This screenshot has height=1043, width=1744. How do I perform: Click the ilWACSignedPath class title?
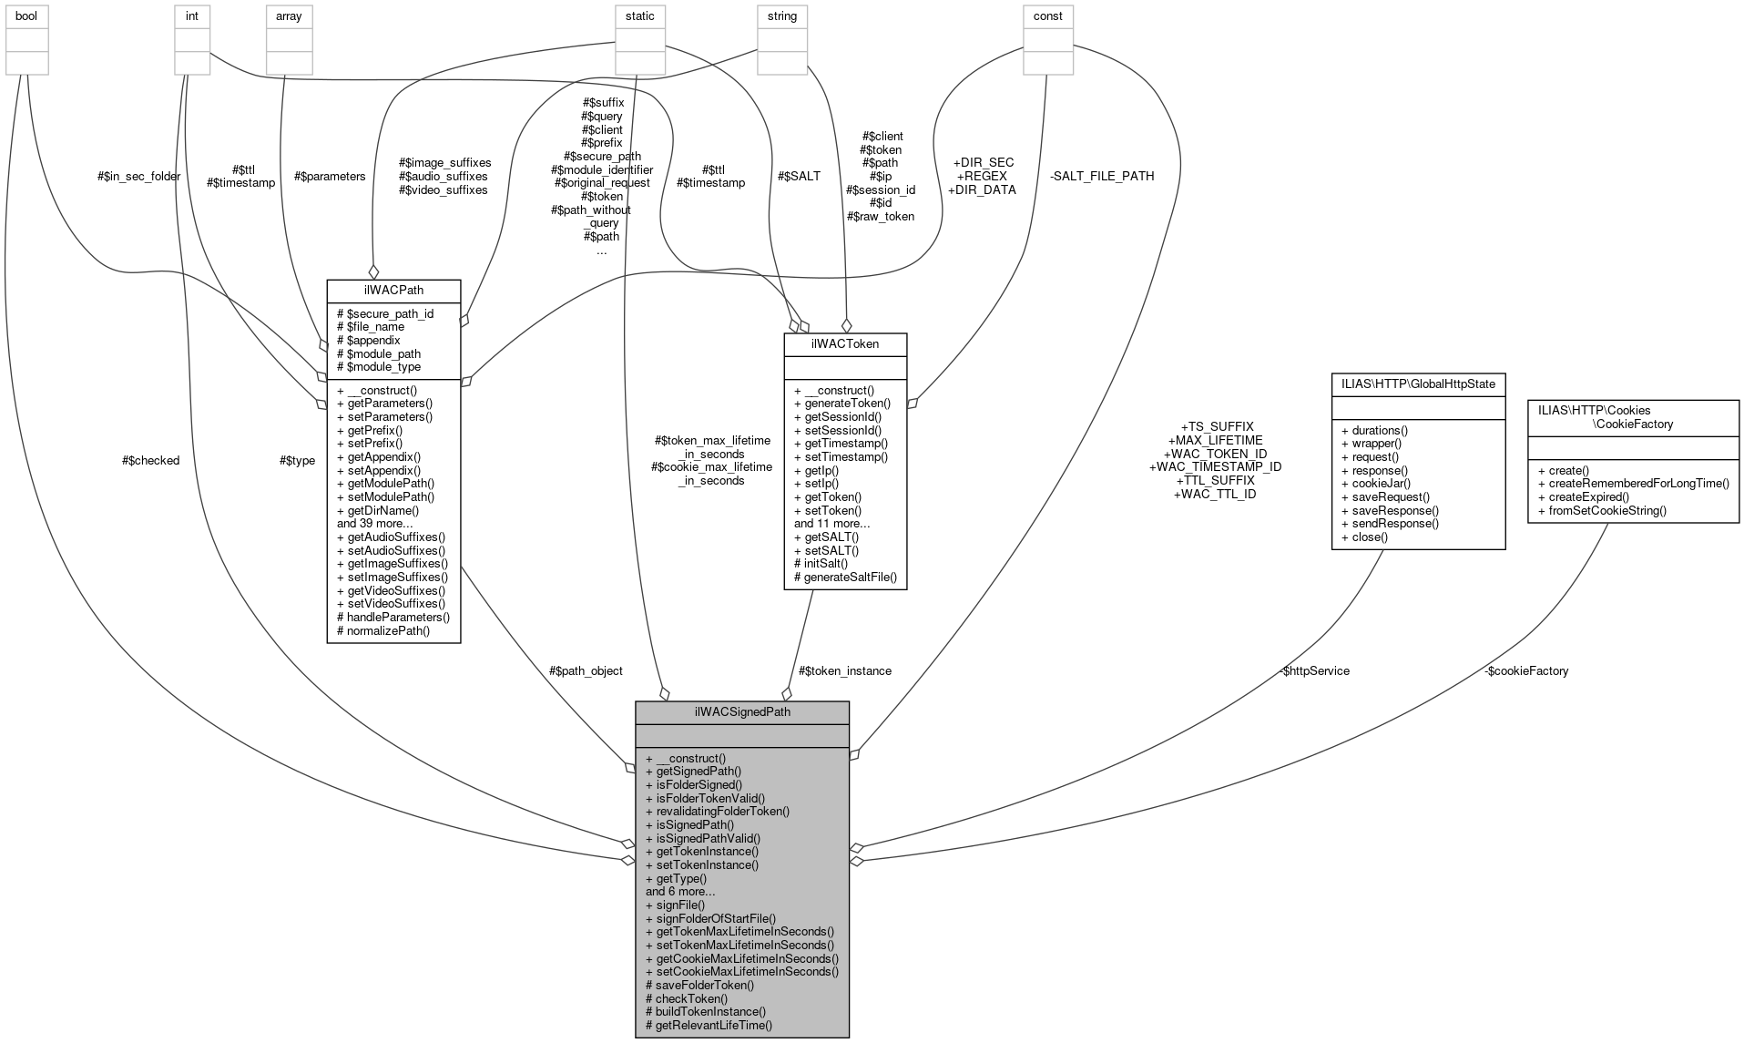[x=742, y=711]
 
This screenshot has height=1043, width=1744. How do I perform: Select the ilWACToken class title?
[x=844, y=343]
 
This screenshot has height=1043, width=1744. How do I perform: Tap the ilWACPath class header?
[x=393, y=291]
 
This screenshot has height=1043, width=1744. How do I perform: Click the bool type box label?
[x=25, y=16]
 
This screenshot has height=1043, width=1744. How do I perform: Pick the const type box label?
[x=1047, y=16]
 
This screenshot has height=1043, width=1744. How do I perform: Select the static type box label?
[x=639, y=16]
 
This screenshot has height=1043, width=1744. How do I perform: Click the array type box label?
[x=289, y=16]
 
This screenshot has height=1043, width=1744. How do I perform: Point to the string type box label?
[x=781, y=16]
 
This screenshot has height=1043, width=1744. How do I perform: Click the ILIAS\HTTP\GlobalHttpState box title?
[x=1418, y=383]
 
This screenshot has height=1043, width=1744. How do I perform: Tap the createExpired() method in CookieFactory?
[x=1584, y=496]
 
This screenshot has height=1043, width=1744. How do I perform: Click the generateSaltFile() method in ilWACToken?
[x=845, y=577]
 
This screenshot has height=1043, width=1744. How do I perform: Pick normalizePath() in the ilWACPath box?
[x=383, y=630]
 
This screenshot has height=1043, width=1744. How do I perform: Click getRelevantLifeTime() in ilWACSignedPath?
[x=709, y=1025]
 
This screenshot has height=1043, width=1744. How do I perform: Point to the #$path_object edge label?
[x=586, y=670]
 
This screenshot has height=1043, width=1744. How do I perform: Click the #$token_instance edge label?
[x=844, y=670]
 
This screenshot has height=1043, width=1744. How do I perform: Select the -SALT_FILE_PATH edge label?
[x=1102, y=176]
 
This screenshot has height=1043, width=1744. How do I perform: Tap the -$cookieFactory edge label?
[x=1525, y=670]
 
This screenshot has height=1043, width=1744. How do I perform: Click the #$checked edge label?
[x=150, y=460]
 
